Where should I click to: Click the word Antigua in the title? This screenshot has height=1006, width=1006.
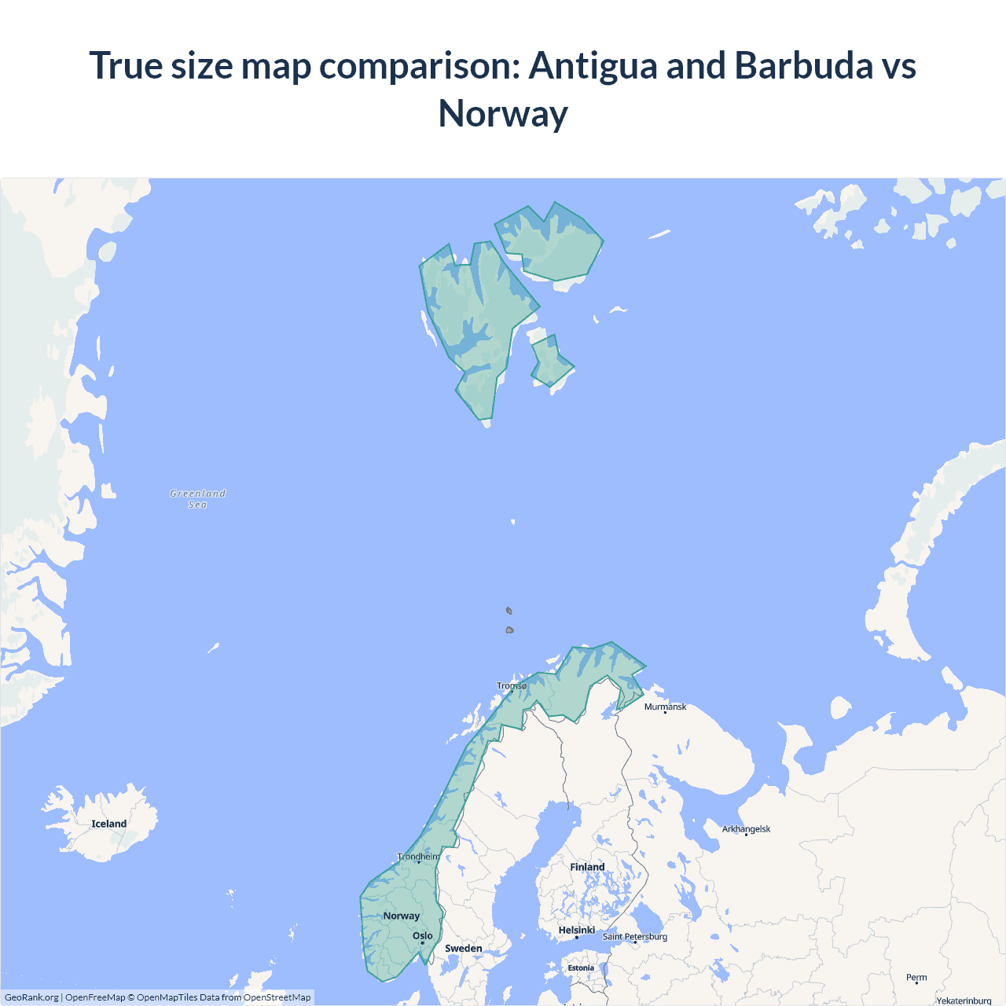pyautogui.click(x=593, y=66)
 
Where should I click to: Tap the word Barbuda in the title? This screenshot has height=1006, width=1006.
pyautogui.click(x=803, y=66)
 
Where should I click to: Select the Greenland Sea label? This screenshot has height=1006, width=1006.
pyautogui.click(x=198, y=499)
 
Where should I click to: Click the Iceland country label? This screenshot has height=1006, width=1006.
pyautogui.click(x=108, y=824)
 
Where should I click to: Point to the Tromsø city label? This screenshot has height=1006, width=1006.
pyautogui.click(x=512, y=686)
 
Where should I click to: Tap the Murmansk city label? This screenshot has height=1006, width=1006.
pyautogui.click(x=665, y=707)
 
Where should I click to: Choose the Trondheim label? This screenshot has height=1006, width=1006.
pyautogui.click(x=419, y=857)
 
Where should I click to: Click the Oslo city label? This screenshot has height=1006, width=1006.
pyautogui.click(x=422, y=936)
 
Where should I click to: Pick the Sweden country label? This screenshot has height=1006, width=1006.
pyautogui.click(x=464, y=949)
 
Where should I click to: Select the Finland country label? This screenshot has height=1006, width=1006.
pyautogui.click(x=587, y=867)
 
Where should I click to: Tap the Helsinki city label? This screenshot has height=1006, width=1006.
pyautogui.click(x=576, y=931)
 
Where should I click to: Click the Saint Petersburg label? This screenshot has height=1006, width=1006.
pyautogui.click(x=635, y=937)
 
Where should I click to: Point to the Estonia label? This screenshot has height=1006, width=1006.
pyautogui.click(x=581, y=968)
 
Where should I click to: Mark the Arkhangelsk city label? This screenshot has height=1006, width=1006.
pyautogui.click(x=746, y=829)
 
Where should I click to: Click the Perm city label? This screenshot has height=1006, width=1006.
pyautogui.click(x=916, y=978)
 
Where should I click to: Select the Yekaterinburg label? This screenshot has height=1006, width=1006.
pyautogui.click(x=964, y=1000)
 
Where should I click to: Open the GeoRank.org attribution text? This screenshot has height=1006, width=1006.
pyautogui.click(x=31, y=997)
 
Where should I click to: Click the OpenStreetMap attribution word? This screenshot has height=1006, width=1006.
pyautogui.click(x=277, y=997)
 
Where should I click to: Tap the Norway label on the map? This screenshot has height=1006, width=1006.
pyautogui.click(x=402, y=916)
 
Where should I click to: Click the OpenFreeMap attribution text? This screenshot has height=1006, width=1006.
pyautogui.click(x=95, y=997)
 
